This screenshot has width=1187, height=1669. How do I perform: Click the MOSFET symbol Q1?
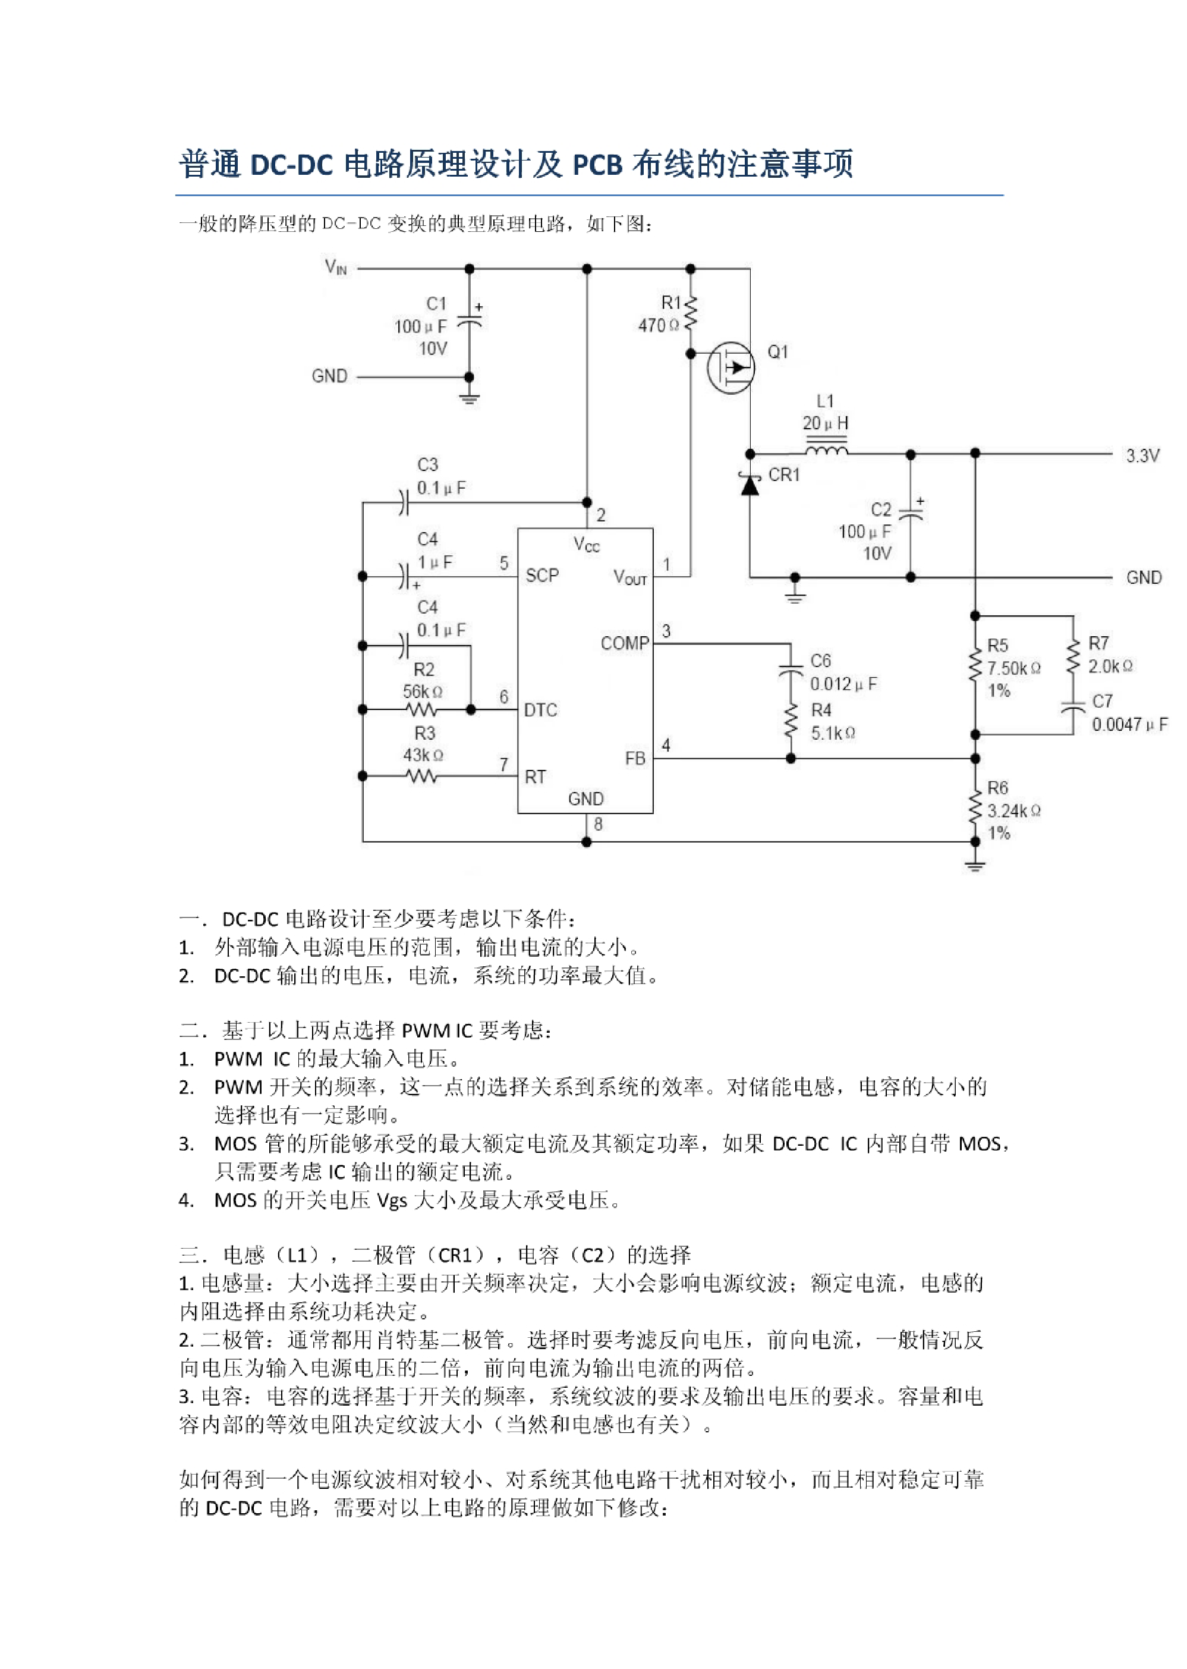click(730, 367)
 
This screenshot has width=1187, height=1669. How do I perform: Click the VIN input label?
click(335, 267)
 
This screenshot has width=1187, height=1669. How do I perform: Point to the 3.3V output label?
click(1142, 456)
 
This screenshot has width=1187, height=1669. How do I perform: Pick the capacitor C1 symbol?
click(469, 322)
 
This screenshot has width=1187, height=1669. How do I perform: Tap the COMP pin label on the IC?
click(625, 643)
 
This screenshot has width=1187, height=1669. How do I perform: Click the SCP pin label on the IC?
click(541, 576)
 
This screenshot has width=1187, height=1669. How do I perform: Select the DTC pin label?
click(540, 710)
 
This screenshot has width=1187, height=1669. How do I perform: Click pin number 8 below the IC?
click(598, 825)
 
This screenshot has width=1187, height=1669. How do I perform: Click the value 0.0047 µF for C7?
click(1129, 724)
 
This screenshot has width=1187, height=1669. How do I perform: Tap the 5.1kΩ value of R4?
click(833, 733)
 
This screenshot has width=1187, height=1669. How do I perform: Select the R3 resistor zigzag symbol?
click(422, 776)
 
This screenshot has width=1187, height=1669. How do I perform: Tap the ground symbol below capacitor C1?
click(469, 398)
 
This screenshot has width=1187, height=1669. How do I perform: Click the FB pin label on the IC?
click(635, 759)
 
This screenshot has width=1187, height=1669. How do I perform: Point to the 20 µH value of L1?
click(825, 423)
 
